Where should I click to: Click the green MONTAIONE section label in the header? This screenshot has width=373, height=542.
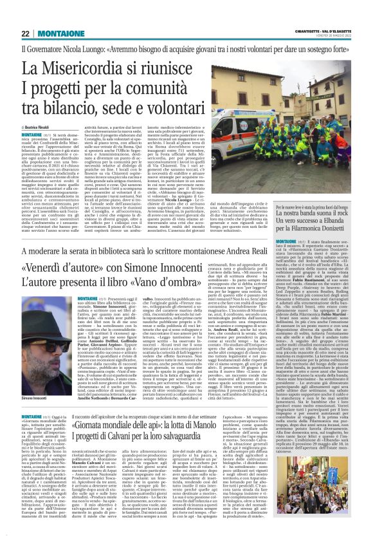61,33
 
